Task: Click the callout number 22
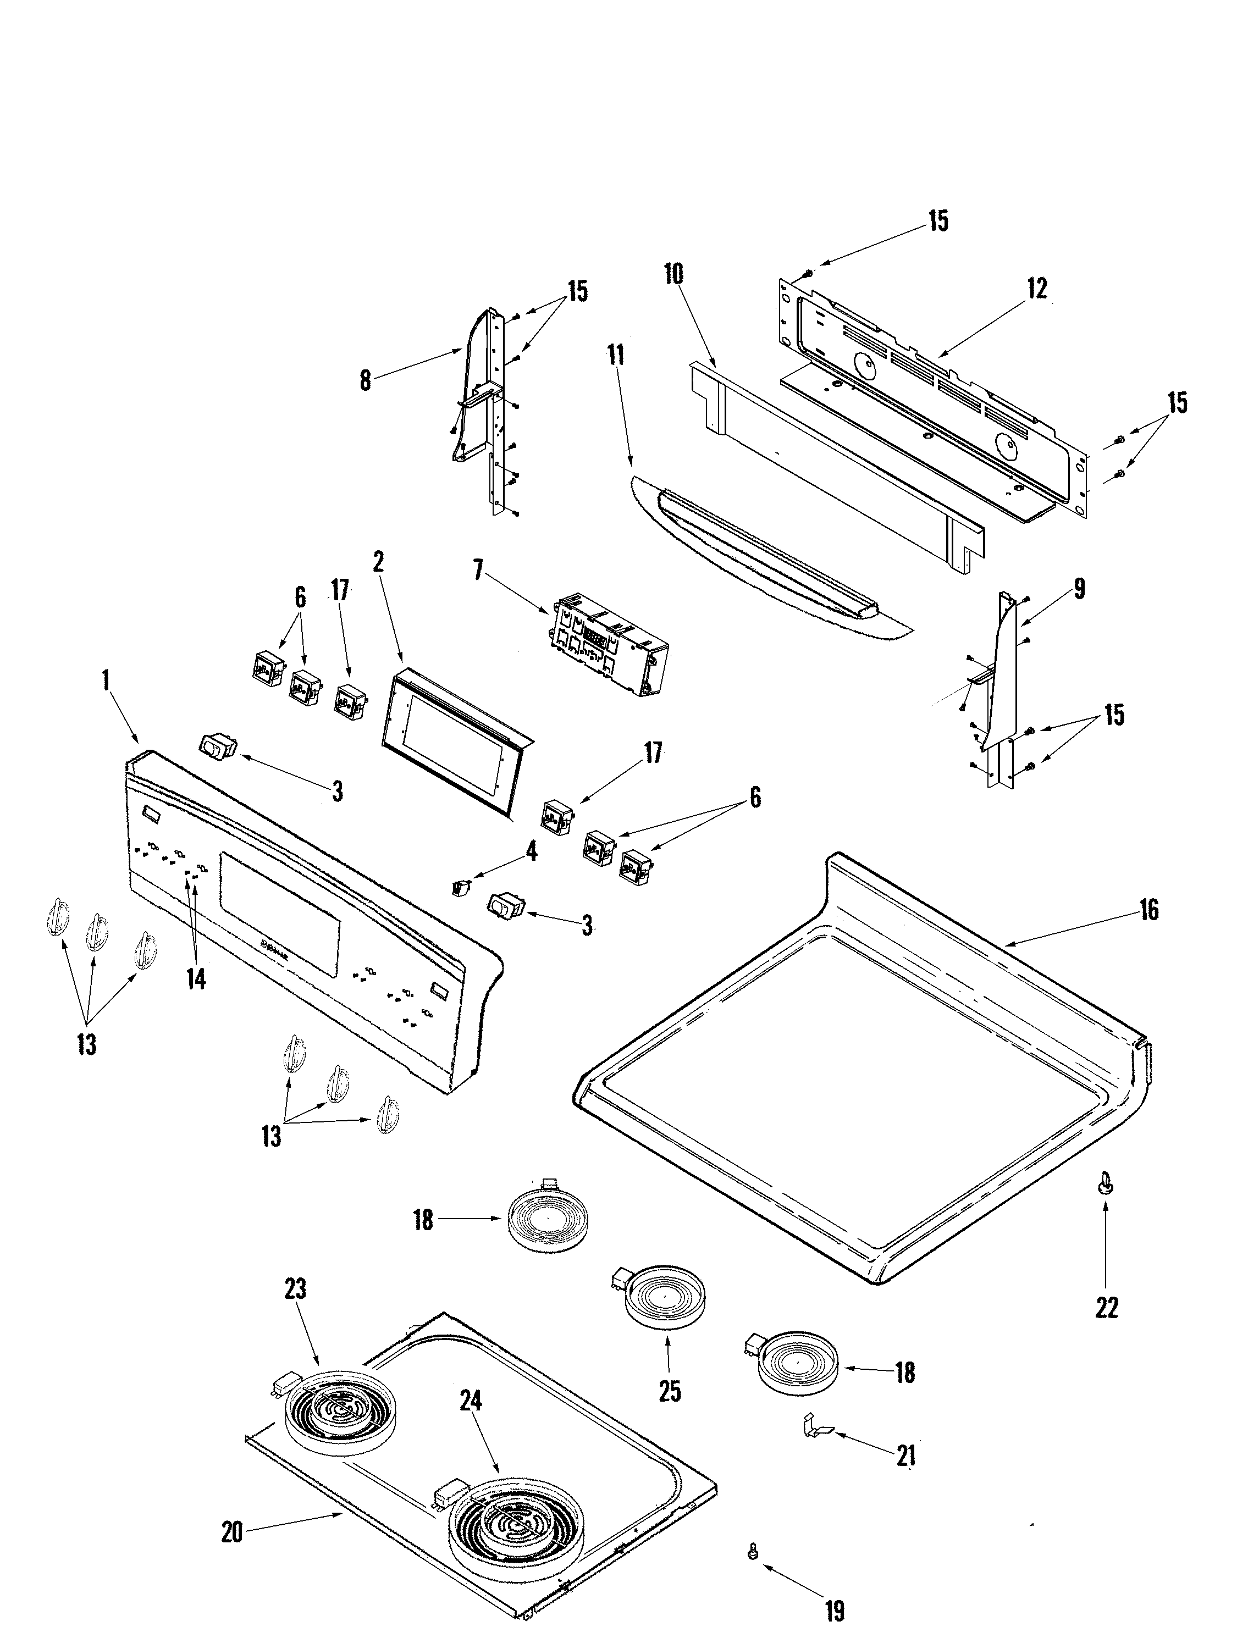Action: (x=1107, y=1306)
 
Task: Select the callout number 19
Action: (x=835, y=1610)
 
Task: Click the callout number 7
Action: (x=478, y=571)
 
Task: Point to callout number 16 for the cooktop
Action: (x=1149, y=910)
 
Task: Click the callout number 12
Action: (x=1036, y=289)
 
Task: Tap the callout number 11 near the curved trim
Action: (x=616, y=356)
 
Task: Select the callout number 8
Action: (x=365, y=380)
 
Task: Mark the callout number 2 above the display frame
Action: (x=378, y=563)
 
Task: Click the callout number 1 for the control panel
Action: (x=106, y=680)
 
